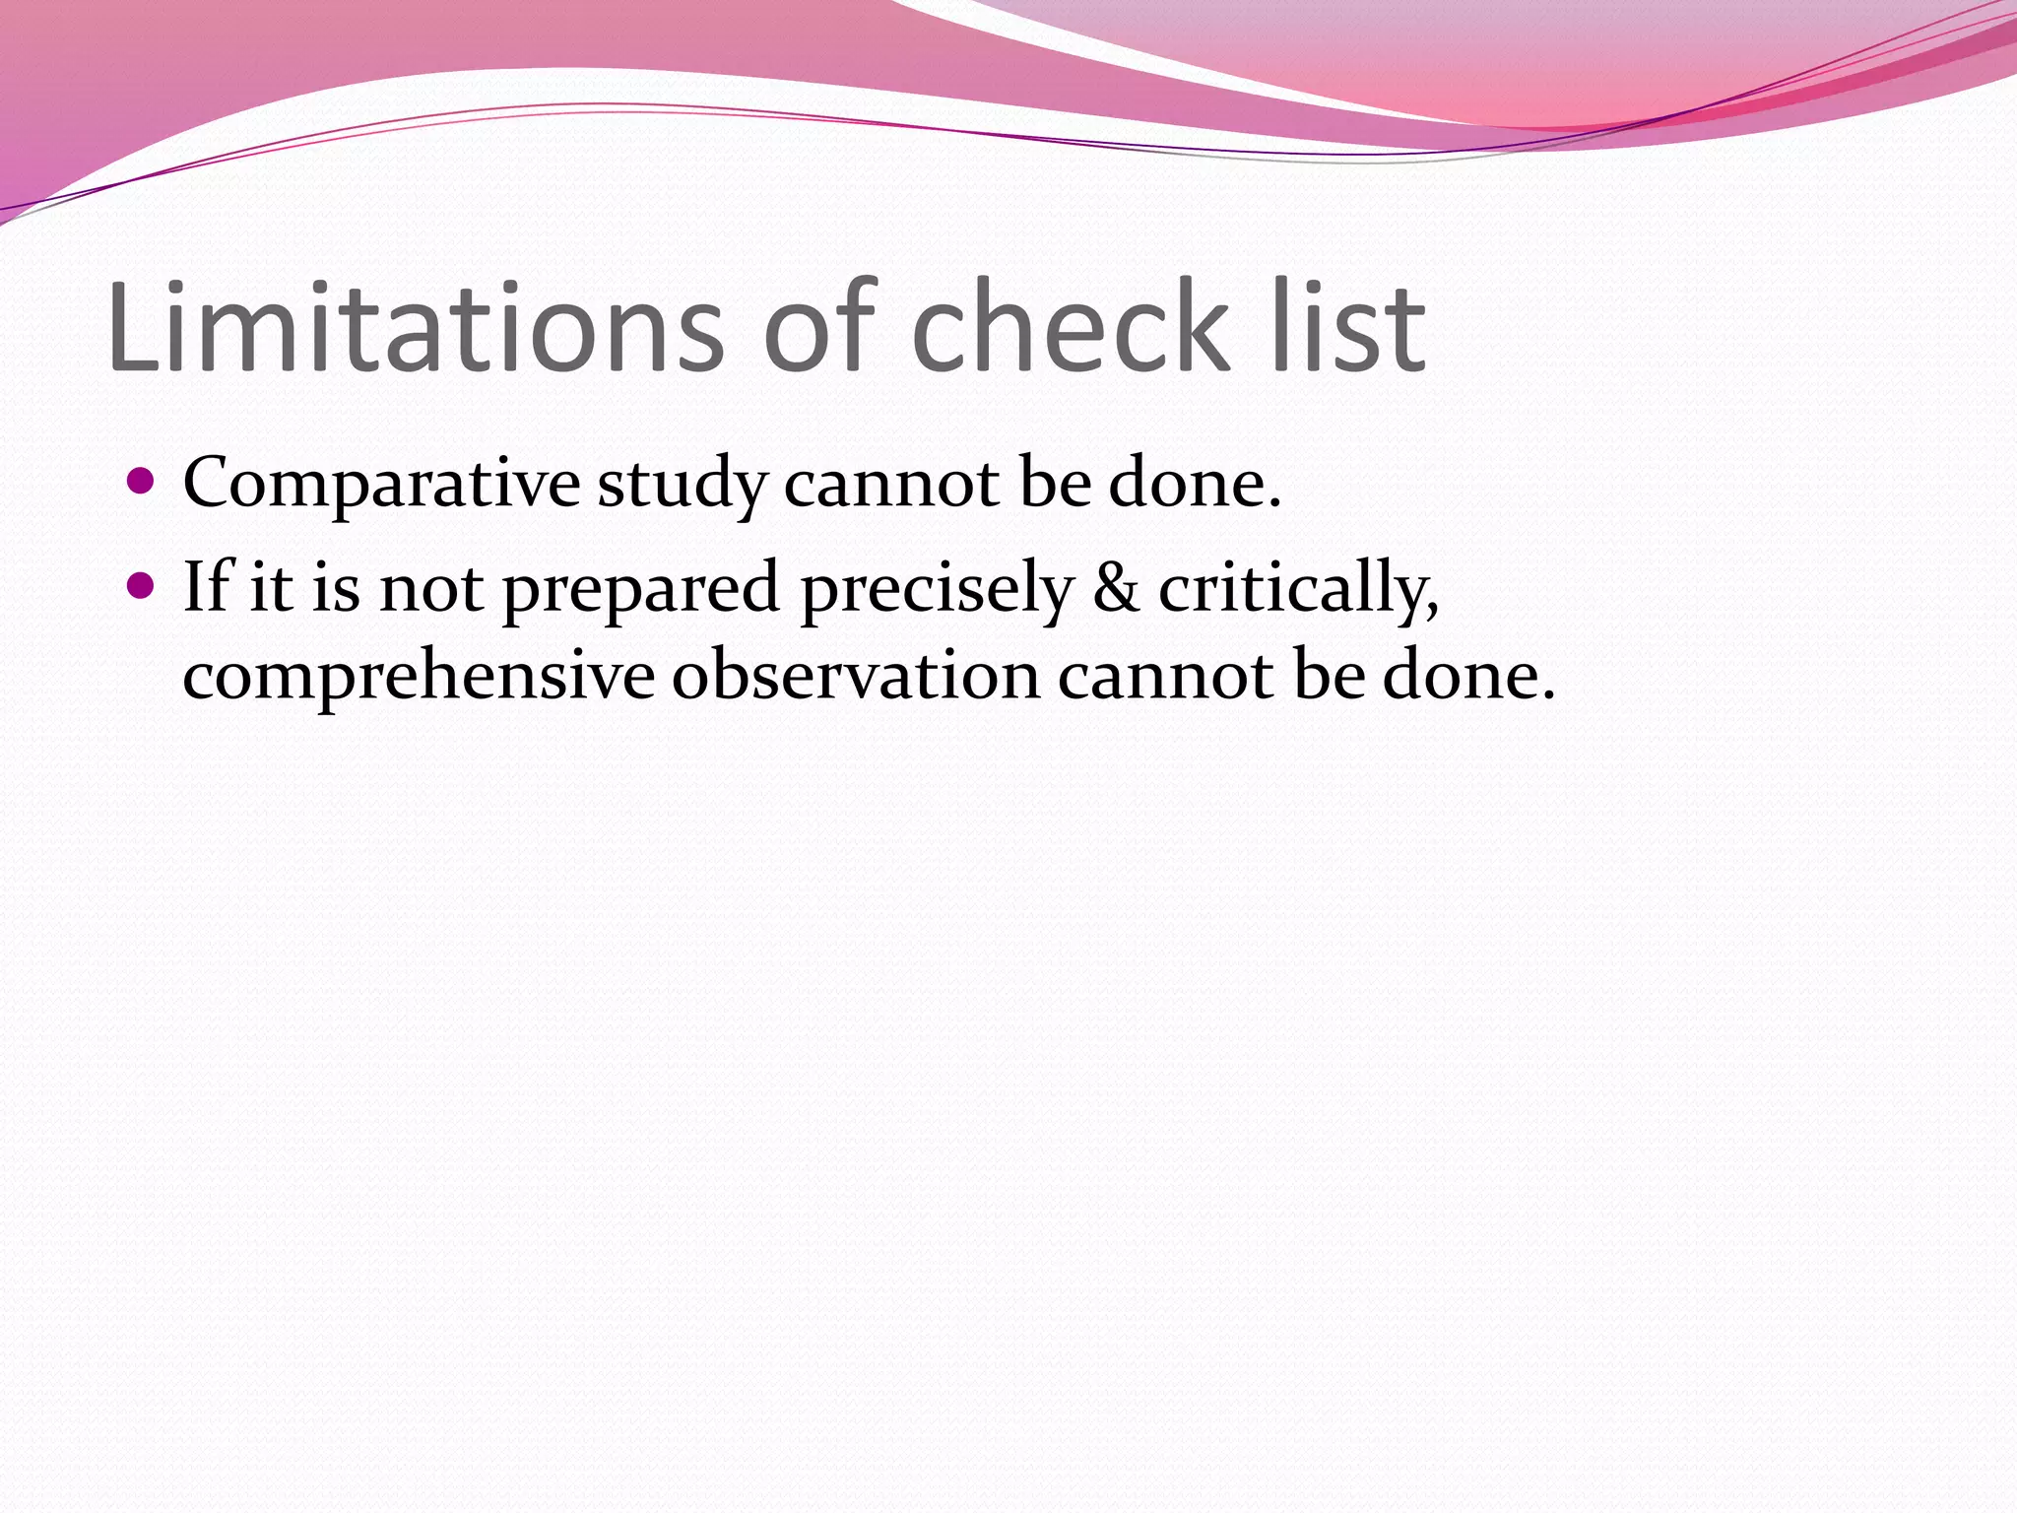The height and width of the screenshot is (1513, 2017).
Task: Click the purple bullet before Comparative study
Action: pos(142,482)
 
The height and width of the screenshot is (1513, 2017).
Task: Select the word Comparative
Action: pos(382,484)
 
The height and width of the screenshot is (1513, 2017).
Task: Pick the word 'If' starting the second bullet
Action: pos(206,587)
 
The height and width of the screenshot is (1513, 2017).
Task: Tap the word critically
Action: pos(1298,589)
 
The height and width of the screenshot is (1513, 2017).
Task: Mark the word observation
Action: pos(856,678)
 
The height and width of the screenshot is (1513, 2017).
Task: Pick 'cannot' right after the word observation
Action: pos(1166,678)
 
